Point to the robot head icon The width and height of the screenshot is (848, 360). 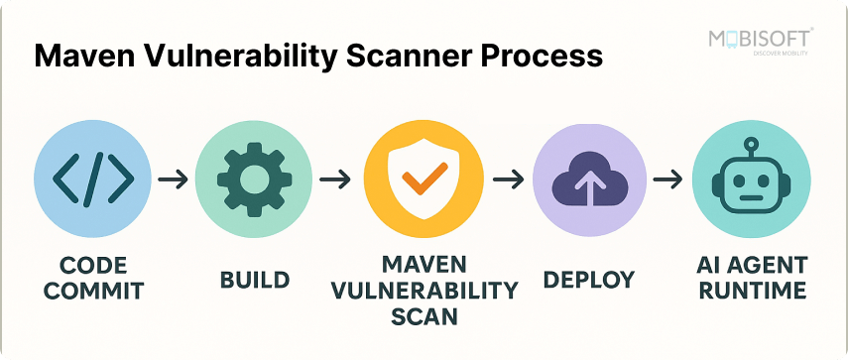(x=752, y=183)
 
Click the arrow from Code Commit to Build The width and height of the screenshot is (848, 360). (x=173, y=180)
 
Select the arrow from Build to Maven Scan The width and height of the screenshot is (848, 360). (x=336, y=180)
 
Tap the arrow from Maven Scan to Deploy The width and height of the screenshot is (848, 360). (x=508, y=180)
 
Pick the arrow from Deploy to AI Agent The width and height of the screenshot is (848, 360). (x=669, y=180)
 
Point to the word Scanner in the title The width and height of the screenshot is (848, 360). (x=403, y=56)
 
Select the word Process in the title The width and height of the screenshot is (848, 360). (x=545, y=56)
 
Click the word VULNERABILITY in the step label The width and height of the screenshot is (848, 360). (x=425, y=292)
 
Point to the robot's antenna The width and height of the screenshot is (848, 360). (x=752, y=142)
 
